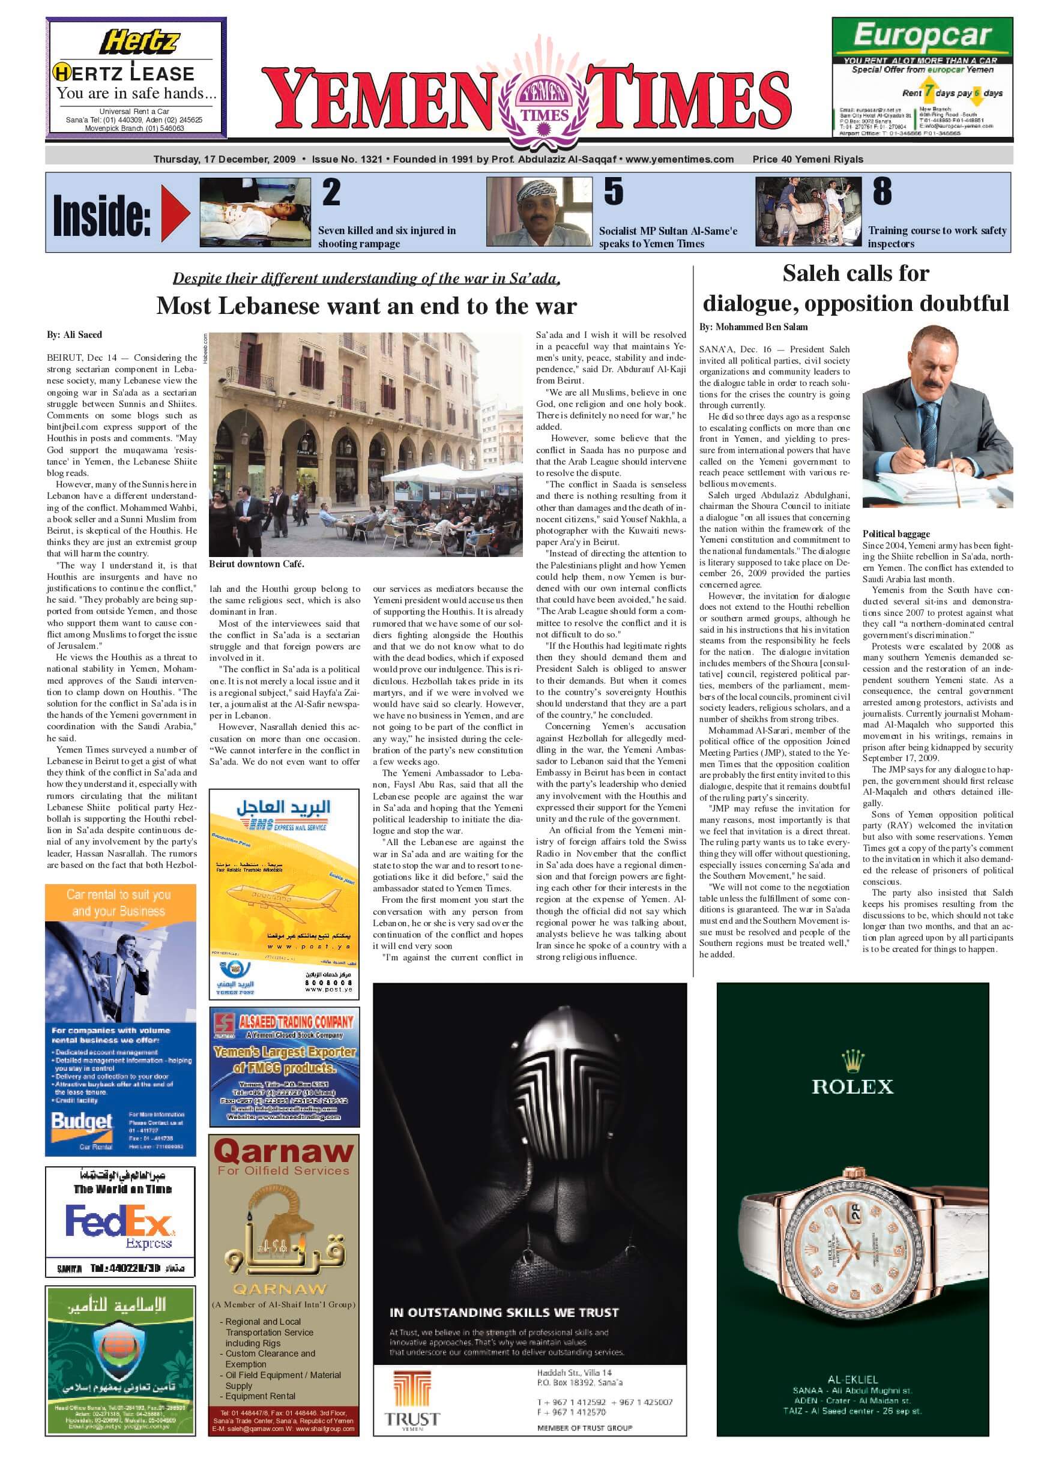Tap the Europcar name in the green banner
coord(922,37)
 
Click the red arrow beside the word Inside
coord(175,212)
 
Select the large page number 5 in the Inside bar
coord(613,192)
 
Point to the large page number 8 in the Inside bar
coord(882,191)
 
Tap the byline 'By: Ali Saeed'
coord(74,334)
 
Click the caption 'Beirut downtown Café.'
coord(256,564)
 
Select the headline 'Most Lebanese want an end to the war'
coord(366,306)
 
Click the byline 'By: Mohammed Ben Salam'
coord(753,327)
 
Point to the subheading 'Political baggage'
coord(896,534)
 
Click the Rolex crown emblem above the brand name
coord(852,1061)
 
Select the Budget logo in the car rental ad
coord(82,1122)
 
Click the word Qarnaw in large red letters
coord(283,1151)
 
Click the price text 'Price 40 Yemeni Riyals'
coord(807,159)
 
